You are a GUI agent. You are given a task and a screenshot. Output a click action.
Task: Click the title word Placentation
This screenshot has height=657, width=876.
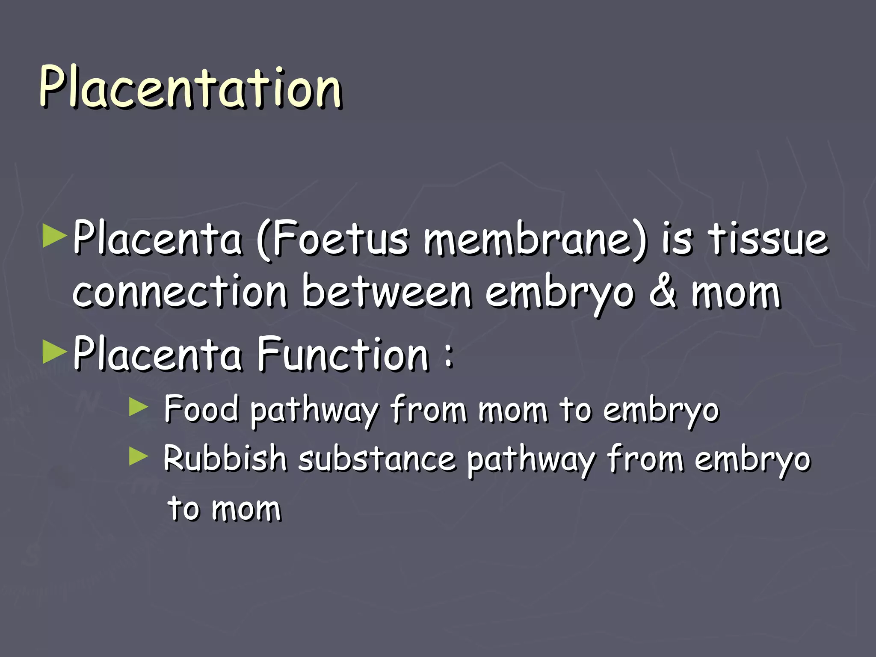pos(190,88)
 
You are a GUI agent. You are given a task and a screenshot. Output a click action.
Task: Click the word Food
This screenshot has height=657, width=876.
pos(201,409)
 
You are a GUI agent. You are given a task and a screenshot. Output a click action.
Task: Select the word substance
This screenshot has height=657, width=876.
pos(377,459)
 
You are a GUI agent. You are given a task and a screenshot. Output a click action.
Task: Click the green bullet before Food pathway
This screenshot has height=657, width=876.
pos(138,407)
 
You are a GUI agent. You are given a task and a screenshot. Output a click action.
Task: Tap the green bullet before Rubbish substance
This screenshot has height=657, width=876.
pos(138,456)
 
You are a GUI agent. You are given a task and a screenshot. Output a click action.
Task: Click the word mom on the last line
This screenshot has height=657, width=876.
pos(246,509)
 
